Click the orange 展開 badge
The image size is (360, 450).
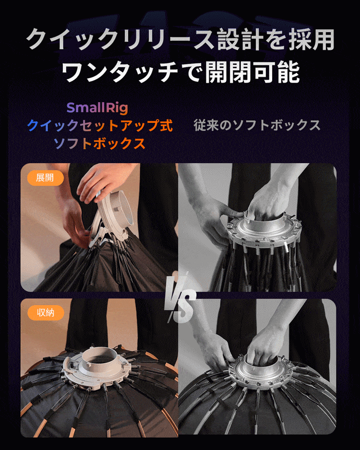[45, 178]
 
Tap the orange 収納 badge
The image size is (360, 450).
[46, 312]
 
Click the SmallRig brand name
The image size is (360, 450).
[97, 107]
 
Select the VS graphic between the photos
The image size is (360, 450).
[181, 298]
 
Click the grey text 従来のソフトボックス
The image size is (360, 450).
[257, 125]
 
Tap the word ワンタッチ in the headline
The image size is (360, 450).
[120, 72]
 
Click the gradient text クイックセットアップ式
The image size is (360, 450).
[100, 125]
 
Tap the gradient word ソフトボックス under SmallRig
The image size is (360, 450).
[99, 143]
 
